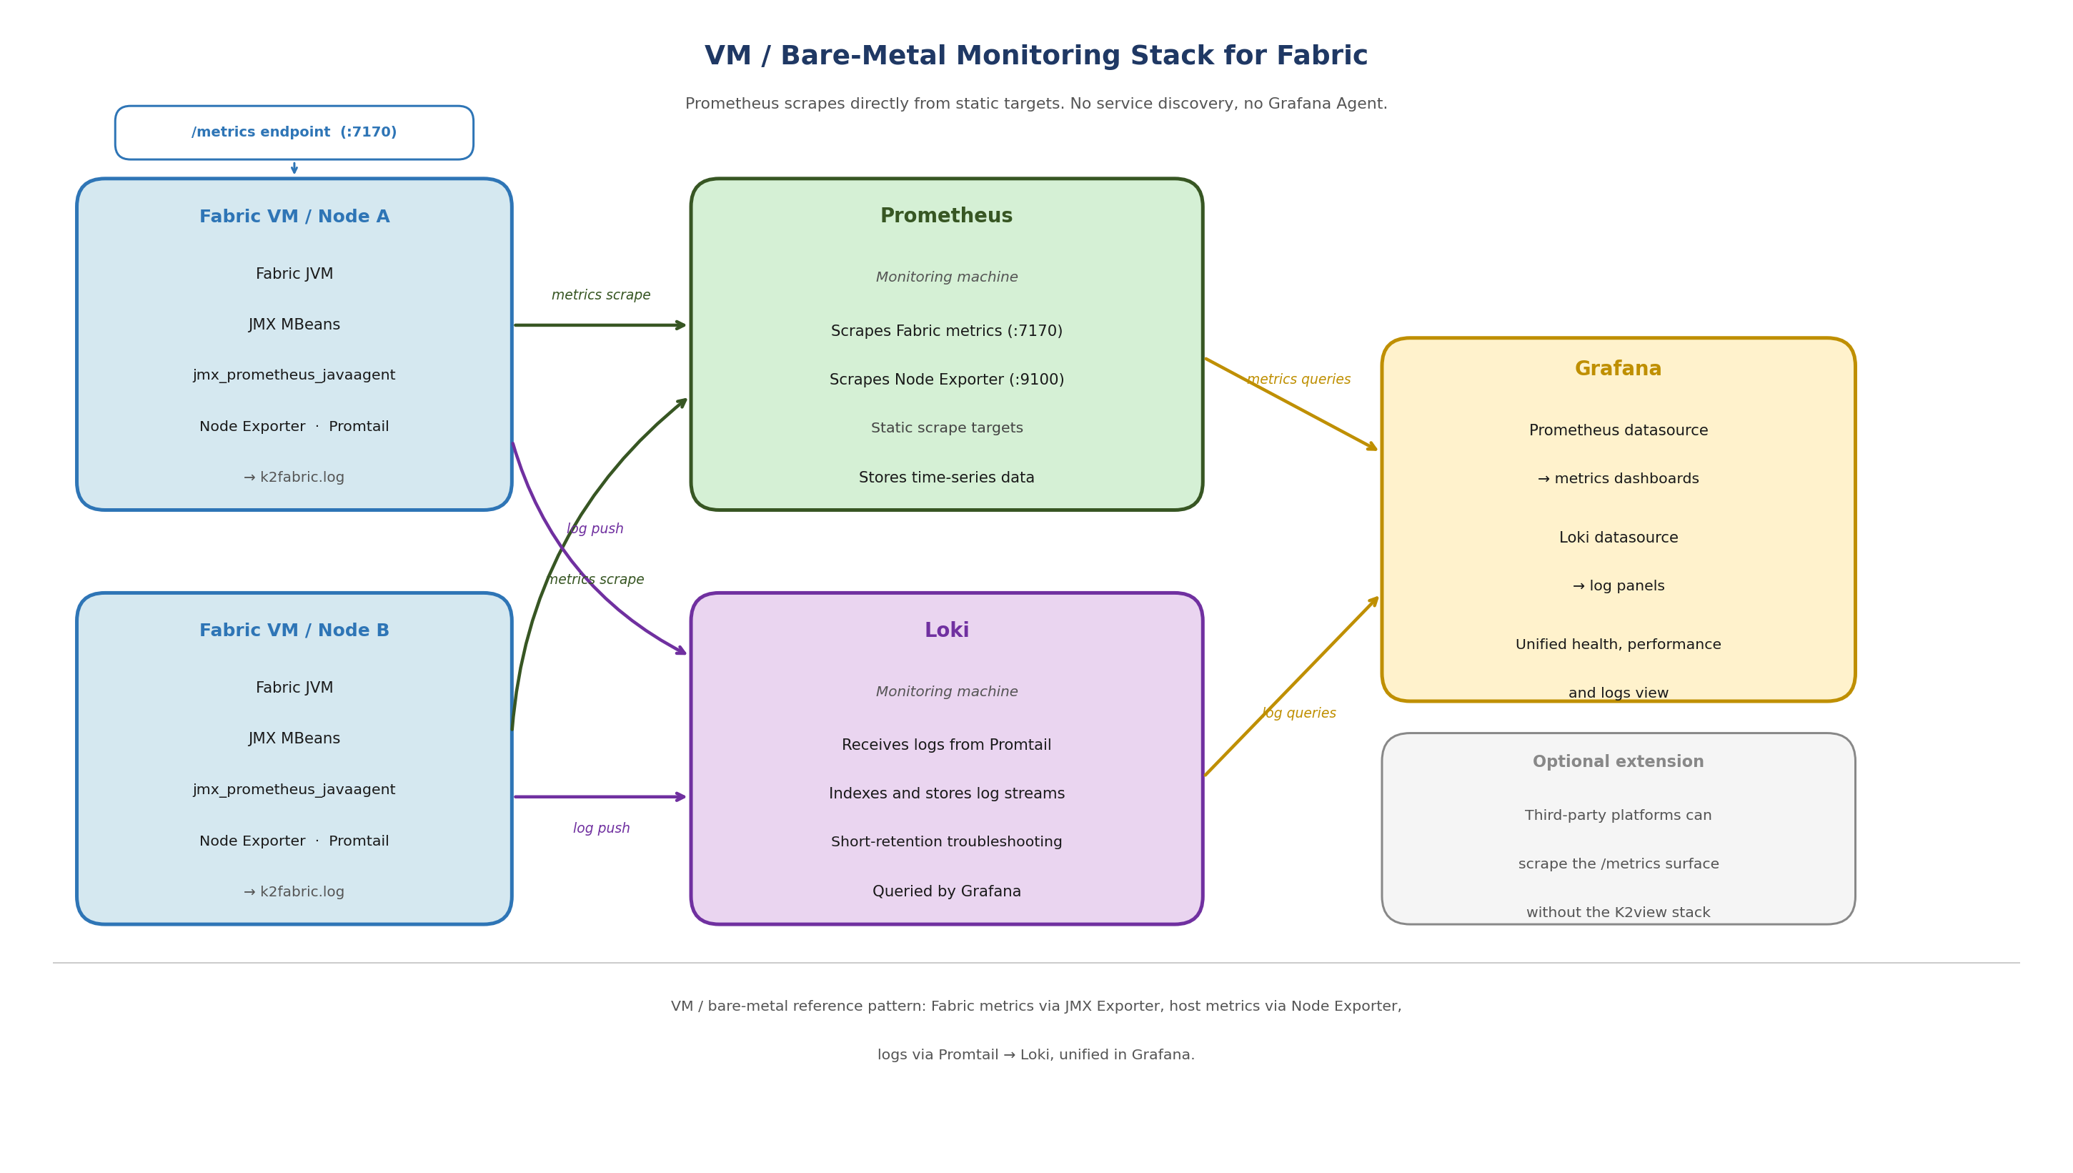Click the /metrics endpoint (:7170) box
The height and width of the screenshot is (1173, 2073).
pyautogui.click(x=294, y=132)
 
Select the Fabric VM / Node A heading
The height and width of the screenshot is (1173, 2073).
pyautogui.click(x=294, y=217)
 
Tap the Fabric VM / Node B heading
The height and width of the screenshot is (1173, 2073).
pyautogui.click(x=294, y=630)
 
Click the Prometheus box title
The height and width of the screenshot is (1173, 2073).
pyautogui.click(x=946, y=216)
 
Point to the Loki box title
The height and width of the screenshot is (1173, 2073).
pyautogui.click(x=946, y=630)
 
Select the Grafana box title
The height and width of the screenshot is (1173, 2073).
pyautogui.click(x=1617, y=369)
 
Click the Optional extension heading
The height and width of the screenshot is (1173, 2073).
pyautogui.click(x=1617, y=761)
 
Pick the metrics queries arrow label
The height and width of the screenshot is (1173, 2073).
pyautogui.click(x=1298, y=380)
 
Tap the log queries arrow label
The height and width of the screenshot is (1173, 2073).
pyautogui.click(x=1298, y=713)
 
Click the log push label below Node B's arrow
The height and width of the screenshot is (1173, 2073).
pyautogui.click(x=601, y=828)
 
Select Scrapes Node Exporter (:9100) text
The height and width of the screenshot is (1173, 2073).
pyautogui.click(x=946, y=380)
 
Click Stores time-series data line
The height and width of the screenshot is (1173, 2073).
pyautogui.click(x=946, y=477)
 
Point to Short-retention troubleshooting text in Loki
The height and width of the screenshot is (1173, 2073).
pyautogui.click(x=946, y=842)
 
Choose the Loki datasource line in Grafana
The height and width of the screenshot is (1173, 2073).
pyautogui.click(x=1617, y=538)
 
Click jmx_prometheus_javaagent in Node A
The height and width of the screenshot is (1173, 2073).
pyautogui.click(x=294, y=375)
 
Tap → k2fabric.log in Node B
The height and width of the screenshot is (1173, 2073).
pyautogui.click(x=294, y=892)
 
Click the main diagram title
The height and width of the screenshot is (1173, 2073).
pyautogui.click(x=1035, y=56)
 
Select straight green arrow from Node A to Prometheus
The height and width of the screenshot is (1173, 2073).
pyautogui.click(x=600, y=325)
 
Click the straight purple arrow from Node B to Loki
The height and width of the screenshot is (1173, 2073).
pyautogui.click(x=600, y=797)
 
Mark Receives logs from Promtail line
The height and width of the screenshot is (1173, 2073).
pyautogui.click(x=946, y=746)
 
